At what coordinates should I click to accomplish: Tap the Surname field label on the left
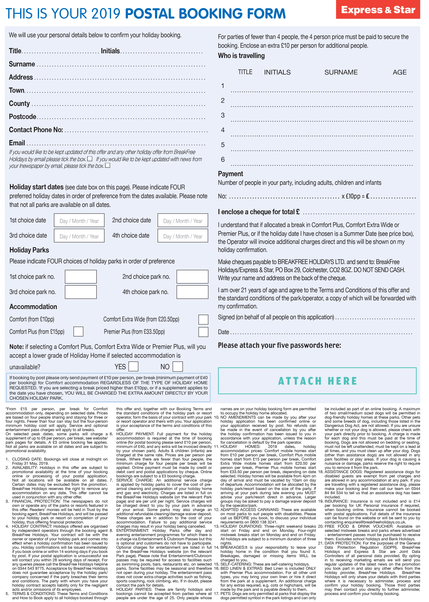point(22,64)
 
